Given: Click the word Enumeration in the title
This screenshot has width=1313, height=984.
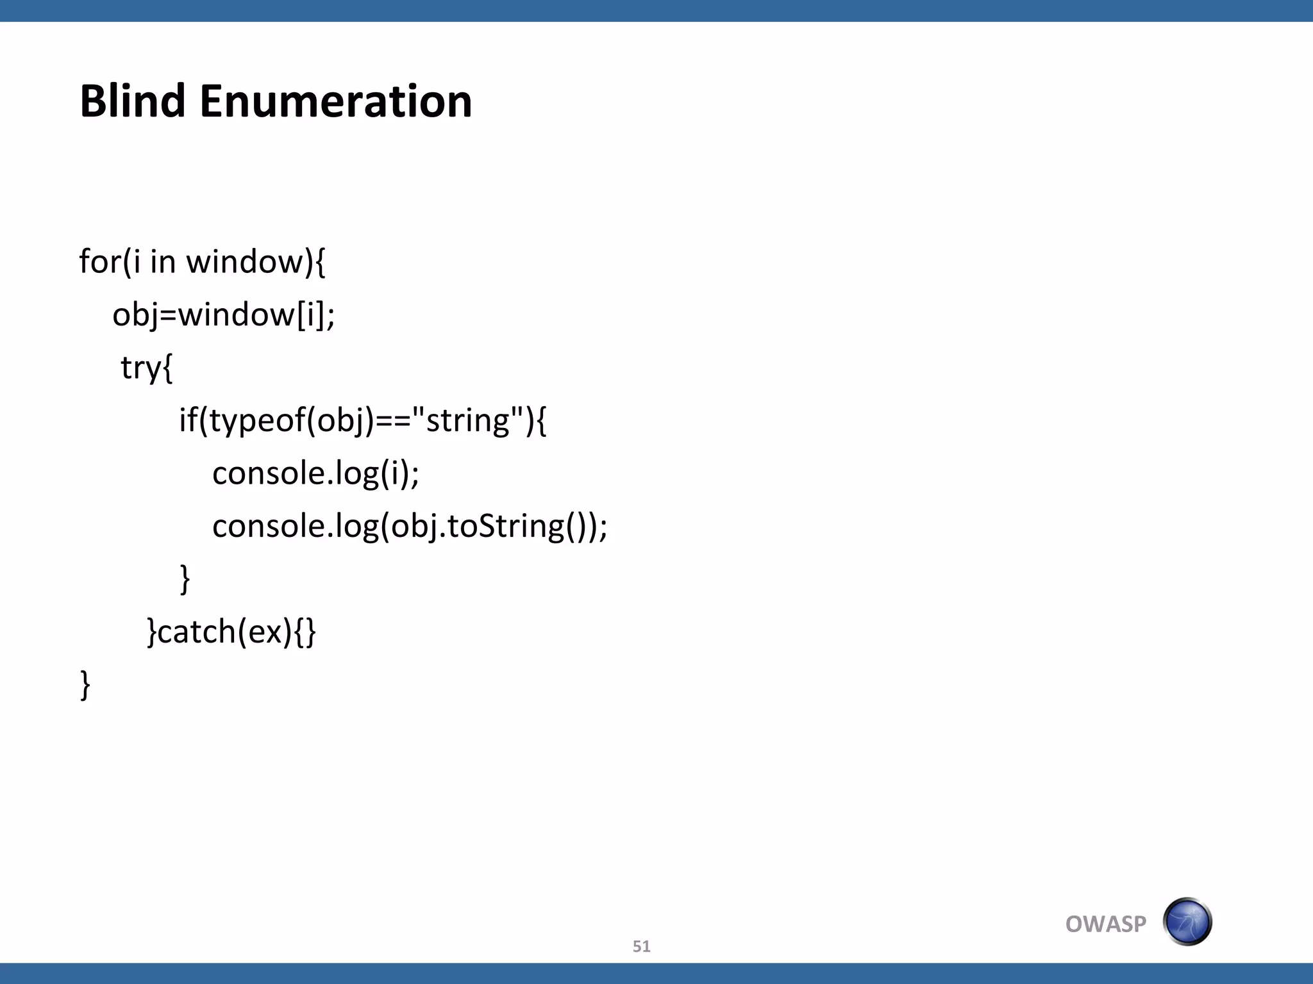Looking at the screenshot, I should (x=336, y=101).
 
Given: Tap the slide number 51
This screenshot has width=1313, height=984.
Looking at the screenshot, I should (x=641, y=946).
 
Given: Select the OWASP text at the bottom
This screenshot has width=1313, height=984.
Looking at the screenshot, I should (x=1105, y=924).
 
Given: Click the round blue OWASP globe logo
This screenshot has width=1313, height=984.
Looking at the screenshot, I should (x=1187, y=922).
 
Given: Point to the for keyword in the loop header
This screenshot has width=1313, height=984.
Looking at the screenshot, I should (x=99, y=261).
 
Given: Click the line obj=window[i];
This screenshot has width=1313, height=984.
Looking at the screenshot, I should (x=223, y=315).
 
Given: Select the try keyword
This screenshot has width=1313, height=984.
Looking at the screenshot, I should (x=140, y=368).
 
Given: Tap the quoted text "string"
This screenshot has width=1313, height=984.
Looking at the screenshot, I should (x=468, y=420).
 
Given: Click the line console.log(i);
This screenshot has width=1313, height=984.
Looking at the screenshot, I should (x=315, y=473).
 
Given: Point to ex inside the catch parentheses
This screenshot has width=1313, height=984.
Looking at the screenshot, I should (x=265, y=632).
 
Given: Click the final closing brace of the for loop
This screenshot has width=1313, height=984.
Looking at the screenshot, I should (x=85, y=684).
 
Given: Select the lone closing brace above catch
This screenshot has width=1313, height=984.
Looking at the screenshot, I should (x=185, y=578).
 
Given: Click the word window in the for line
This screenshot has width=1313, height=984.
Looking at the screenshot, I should (x=244, y=261).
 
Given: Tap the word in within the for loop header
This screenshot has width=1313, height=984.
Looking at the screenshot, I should (x=163, y=261).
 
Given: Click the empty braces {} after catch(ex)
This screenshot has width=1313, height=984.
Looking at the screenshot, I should (x=305, y=632).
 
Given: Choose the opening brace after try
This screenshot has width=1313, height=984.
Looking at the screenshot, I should (x=167, y=368).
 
